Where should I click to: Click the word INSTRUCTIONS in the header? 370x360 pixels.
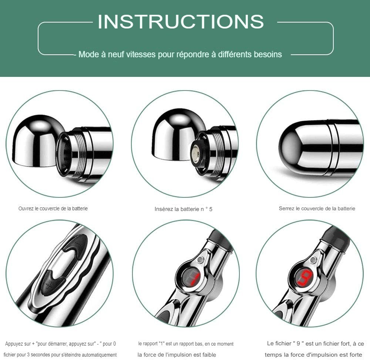181,22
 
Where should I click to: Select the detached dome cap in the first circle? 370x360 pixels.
38,141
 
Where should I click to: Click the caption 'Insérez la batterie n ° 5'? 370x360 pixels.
184,209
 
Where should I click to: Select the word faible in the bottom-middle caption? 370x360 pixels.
209,354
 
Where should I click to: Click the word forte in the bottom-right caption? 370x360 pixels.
355,354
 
